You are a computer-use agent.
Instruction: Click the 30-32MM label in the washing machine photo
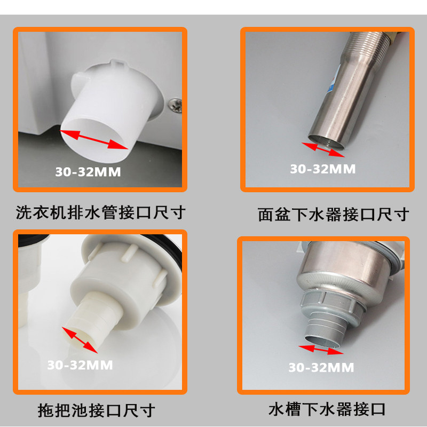click(x=88, y=172)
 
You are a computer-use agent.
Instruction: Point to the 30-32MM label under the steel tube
click(x=322, y=169)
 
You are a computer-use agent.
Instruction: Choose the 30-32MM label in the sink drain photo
click(x=321, y=367)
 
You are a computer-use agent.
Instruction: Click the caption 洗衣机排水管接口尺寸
click(x=101, y=213)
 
